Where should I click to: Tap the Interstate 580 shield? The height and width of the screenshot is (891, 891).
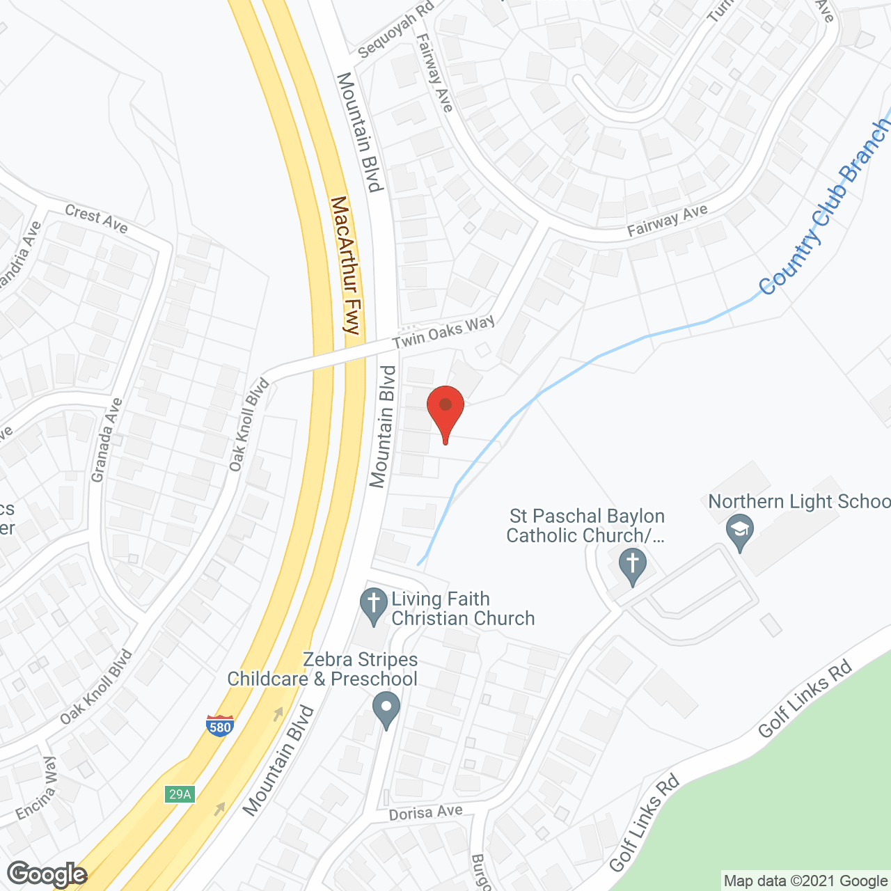[220, 725]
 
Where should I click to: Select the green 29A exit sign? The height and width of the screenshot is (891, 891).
[180, 794]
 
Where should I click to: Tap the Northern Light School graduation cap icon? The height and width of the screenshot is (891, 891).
[739, 532]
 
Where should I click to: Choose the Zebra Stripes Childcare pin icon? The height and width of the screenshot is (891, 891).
[386, 710]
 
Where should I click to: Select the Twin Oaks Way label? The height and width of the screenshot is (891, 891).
[443, 332]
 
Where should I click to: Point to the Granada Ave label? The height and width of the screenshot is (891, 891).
[107, 440]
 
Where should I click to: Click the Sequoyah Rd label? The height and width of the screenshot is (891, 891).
[395, 30]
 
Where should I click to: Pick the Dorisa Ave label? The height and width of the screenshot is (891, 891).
[425, 813]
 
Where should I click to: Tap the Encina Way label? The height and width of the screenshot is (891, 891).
[36, 789]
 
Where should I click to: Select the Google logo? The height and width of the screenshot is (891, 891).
[47, 874]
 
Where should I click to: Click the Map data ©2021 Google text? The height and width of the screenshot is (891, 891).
[805, 881]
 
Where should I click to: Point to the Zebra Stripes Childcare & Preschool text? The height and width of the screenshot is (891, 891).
[322, 669]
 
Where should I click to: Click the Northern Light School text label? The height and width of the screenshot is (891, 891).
[799, 501]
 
